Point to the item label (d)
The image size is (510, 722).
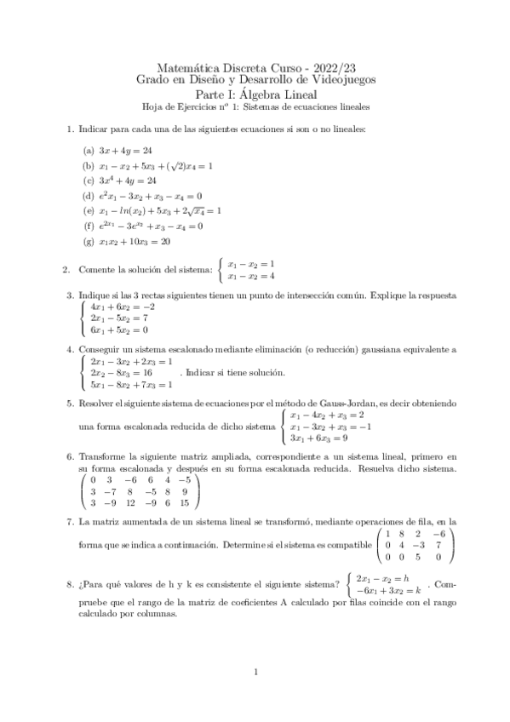pos(88,196)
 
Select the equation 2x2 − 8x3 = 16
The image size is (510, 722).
pos(121,373)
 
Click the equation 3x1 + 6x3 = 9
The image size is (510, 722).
pos(317,438)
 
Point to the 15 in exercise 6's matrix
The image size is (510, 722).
pos(192,503)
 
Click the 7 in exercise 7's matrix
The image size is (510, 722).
pos(437,545)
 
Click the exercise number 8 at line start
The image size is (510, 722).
pos(69,583)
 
